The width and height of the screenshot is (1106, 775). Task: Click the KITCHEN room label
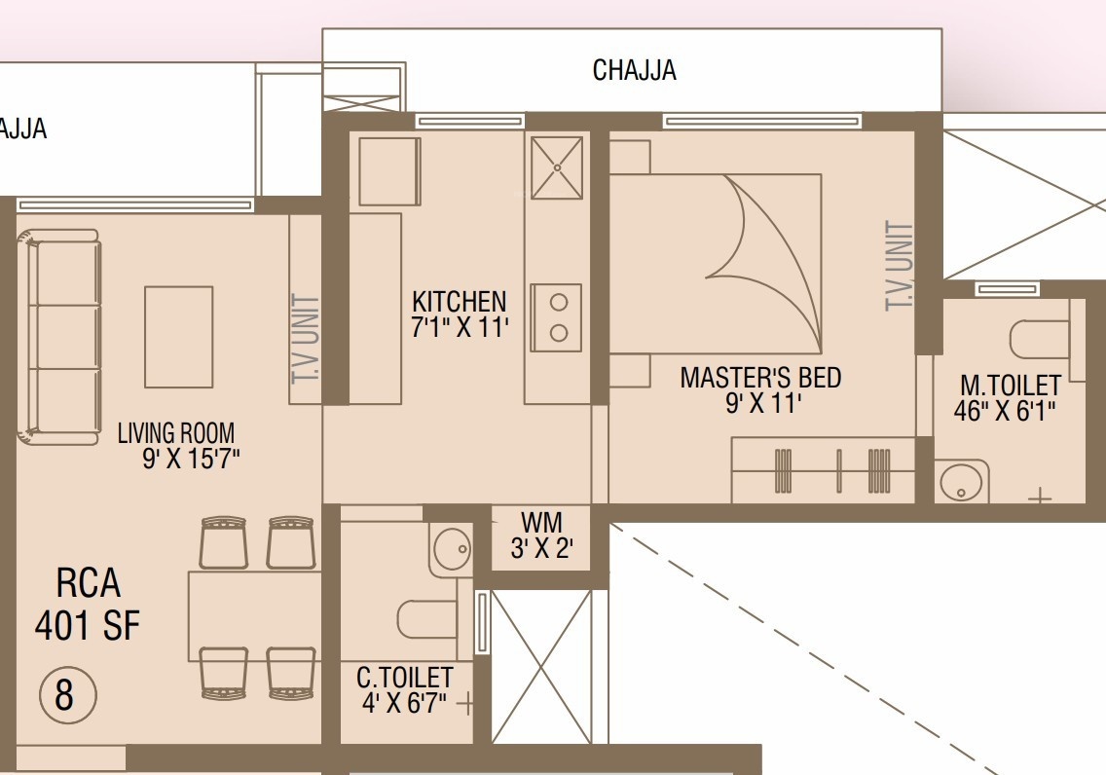click(460, 301)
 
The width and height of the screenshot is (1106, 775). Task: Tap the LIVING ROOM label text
click(176, 432)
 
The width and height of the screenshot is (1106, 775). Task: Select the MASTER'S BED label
click(760, 377)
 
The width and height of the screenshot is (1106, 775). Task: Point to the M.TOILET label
click(1010, 385)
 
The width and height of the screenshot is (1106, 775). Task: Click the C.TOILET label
click(404, 677)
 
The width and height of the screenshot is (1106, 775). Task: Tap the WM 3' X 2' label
click(541, 535)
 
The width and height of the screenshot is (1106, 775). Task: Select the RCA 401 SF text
click(89, 604)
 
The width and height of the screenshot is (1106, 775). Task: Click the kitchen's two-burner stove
click(557, 317)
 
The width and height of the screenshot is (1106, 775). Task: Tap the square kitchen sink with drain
click(557, 167)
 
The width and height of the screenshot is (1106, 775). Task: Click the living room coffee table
click(178, 337)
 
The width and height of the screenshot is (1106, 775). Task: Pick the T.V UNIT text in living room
click(306, 339)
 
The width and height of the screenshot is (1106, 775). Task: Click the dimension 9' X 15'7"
click(191, 460)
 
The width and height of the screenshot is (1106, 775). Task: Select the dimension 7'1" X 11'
click(460, 327)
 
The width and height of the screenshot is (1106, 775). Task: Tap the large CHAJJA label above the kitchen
click(634, 70)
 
